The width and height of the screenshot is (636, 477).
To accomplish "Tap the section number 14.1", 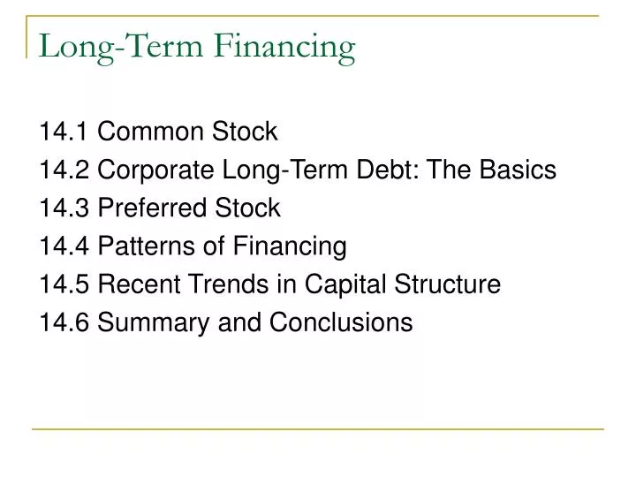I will (x=64, y=132).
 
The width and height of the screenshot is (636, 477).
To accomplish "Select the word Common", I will (x=150, y=132).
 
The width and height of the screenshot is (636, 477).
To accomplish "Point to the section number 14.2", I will (x=64, y=170).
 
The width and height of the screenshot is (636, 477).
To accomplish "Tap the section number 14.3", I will (x=64, y=208).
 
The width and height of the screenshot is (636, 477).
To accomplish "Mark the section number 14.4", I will (x=64, y=246).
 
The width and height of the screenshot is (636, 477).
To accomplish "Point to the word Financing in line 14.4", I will (x=290, y=247).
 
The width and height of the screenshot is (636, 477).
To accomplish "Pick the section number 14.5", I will (x=64, y=284).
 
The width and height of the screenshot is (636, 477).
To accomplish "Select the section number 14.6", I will (x=64, y=322).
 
